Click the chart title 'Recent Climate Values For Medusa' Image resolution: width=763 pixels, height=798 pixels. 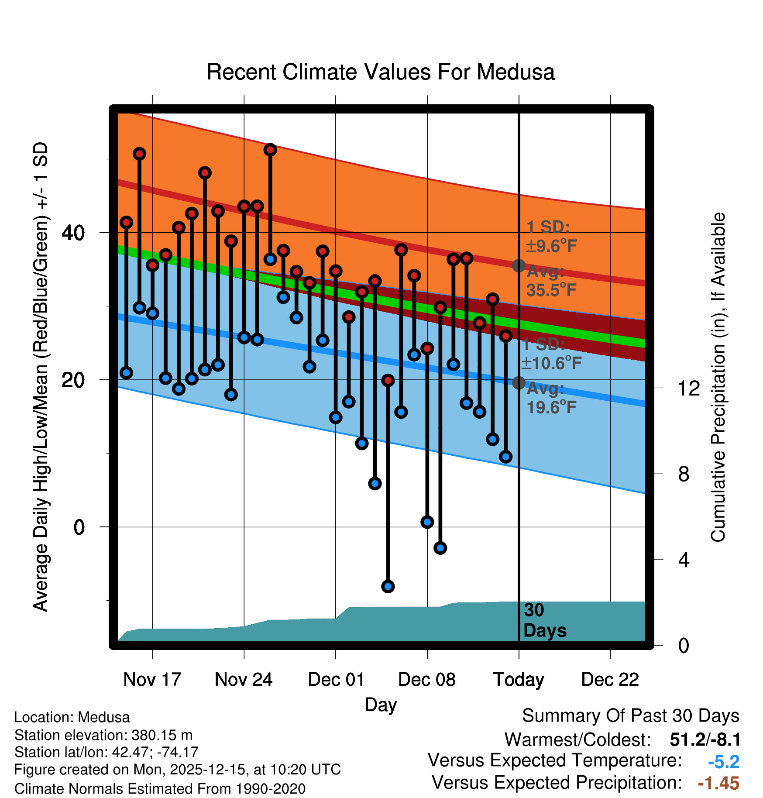pos(381,72)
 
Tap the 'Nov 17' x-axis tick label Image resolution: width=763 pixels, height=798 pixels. pos(152,679)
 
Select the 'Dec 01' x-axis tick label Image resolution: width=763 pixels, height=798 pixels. pos(336,679)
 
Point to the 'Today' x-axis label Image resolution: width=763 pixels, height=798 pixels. pos(519,679)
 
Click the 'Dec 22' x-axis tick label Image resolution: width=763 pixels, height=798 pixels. pos(610,679)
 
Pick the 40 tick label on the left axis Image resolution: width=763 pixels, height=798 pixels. pos(73,233)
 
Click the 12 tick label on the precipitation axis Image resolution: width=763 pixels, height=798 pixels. pos(689,388)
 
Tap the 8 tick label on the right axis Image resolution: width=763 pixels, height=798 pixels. pos(684,474)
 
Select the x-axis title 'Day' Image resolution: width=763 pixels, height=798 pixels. pos(381,705)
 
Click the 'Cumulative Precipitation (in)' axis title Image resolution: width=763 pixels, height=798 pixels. pos(718,377)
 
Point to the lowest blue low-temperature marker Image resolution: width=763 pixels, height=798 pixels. pos(388,586)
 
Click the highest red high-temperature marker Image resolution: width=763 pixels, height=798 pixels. pos(270,150)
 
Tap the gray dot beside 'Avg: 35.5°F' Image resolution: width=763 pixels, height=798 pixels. pos(519,265)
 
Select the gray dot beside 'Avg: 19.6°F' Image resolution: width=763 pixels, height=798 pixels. pos(519,383)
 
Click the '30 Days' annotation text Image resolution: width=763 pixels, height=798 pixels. pos(544,620)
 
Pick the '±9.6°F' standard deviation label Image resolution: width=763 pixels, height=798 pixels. pos(551,246)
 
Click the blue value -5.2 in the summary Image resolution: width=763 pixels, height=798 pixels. pos(723,762)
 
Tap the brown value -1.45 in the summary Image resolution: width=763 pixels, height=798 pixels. pos(718,783)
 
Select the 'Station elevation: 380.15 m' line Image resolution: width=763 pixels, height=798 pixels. pos(103,735)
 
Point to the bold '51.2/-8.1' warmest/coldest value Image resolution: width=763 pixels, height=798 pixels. pos(705,740)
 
